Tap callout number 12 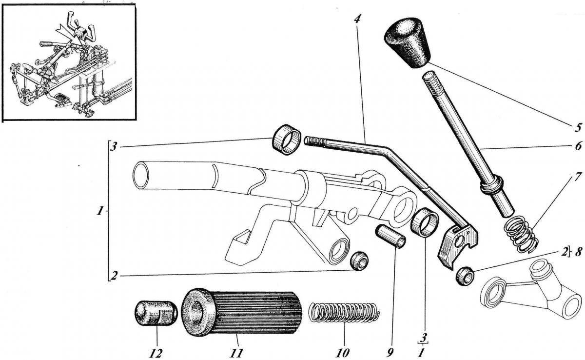pyautogui.click(x=156, y=351)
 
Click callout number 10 pyautogui.click(x=344, y=351)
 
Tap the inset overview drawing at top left pyautogui.click(x=69, y=63)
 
